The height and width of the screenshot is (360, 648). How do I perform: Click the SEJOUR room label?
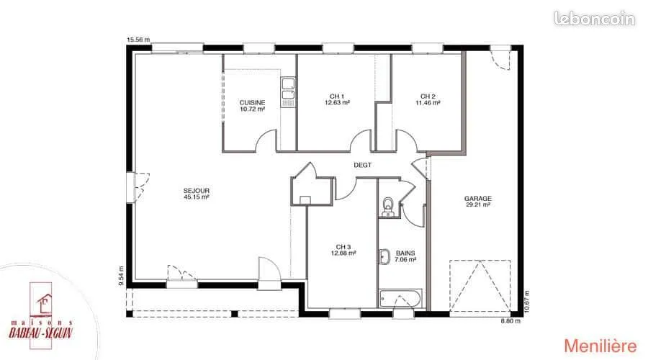tap(197, 194)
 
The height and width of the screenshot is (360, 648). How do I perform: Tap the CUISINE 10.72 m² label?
tap(253, 106)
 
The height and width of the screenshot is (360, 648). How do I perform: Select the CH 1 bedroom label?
tap(337, 99)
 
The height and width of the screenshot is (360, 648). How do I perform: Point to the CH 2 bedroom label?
tap(428, 99)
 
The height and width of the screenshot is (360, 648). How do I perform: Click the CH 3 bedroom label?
tap(343, 250)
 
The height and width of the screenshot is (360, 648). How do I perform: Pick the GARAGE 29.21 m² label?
tap(478, 202)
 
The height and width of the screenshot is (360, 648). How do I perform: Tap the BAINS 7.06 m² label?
tap(405, 256)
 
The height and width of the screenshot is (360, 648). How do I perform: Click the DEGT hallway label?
tap(362, 165)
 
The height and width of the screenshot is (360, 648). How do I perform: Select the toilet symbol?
tap(388, 207)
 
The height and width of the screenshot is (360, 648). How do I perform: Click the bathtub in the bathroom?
tap(400, 298)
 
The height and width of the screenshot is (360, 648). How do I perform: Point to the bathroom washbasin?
tap(384, 256)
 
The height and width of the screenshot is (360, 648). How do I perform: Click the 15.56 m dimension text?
tap(138, 40)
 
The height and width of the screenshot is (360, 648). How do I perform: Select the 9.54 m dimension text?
tap(121, 276)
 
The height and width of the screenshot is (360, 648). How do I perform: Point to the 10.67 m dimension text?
tap(526, 302)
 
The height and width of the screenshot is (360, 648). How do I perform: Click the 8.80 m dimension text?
tap(510, 320)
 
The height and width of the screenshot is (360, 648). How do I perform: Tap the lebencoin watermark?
tap(595, 19)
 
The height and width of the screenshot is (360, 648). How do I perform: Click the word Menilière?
tap(600, 346)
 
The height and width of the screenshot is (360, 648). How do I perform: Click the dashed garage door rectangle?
tap(480, 285)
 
